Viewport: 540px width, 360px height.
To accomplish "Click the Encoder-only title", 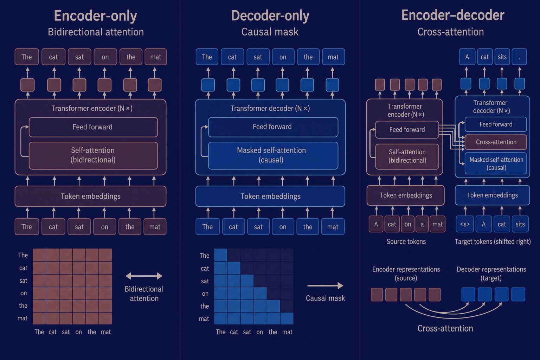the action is [96, 16].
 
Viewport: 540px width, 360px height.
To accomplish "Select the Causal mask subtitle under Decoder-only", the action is [270, 32].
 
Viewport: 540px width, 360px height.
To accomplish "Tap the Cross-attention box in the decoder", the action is [496, 142].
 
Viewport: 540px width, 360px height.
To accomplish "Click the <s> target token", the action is [465, 224].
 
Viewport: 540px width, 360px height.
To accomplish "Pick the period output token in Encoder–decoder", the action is [519, 57].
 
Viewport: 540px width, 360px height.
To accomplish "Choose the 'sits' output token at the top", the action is [502, 57].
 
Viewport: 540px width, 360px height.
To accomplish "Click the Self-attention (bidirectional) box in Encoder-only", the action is [93, 155].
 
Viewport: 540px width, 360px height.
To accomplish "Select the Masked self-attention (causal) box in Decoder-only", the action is [273, 155].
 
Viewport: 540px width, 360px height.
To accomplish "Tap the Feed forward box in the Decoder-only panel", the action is [273, 127].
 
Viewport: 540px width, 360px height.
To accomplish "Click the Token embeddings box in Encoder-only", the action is [90, 196].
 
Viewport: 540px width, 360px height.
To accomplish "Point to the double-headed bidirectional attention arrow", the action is [144, 276].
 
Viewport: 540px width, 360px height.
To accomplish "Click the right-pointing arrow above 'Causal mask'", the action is [325, 285].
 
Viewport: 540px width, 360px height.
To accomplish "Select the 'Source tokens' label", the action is [406, 242].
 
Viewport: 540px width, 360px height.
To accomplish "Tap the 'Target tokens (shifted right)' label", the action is [493, 242].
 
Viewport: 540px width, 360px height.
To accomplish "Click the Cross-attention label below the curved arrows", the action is [445, 328].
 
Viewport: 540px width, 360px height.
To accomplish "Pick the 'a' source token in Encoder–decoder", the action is [422, 224].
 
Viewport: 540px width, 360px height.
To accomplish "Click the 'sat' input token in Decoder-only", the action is [258, 227].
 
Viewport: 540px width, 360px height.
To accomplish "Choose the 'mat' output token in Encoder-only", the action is [155, 57].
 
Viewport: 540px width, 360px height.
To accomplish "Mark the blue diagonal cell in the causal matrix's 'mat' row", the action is [287, 318].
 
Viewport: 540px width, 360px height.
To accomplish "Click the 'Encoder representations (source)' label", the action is [406, 274].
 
